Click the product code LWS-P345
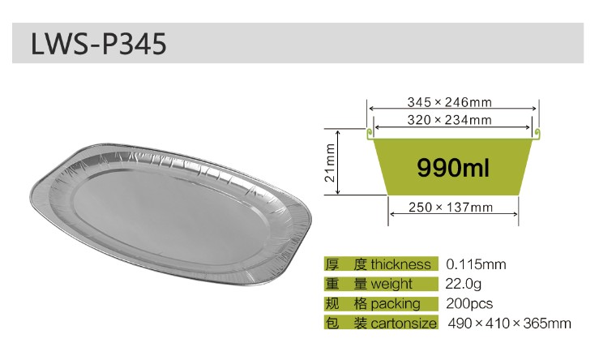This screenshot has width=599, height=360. [98, 44]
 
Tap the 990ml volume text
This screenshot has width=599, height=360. [452, 168]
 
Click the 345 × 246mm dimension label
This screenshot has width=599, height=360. [449, 102]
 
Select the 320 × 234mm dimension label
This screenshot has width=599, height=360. [449, 120]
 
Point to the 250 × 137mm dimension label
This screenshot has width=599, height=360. [451, 207]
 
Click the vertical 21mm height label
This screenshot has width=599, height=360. [330, 163]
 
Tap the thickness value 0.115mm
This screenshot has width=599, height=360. [476, 264]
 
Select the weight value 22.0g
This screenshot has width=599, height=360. [463, 284]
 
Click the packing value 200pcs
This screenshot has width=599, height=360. [469, 304]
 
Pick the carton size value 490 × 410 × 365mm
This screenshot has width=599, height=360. [509, 324]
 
